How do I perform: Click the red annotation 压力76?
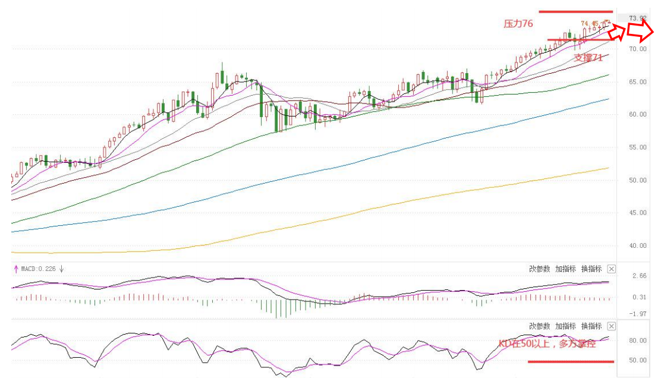[x=518, y=24]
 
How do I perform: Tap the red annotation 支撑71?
[x=588, y=58]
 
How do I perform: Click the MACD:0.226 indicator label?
[x=39, y=269]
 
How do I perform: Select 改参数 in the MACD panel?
[x=540, y=269]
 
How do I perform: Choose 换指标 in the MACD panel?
[x=591, y=269]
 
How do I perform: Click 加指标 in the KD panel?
[x=565, y=326]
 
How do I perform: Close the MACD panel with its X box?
[x=612, y=269]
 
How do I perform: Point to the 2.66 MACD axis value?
[x=640, y=276]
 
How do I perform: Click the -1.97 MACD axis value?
[x=638, y=314]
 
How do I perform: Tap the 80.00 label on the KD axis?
[x=638, y=341]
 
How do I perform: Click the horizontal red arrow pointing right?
[x=641, y=31]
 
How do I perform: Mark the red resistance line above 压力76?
[x=575, y=11]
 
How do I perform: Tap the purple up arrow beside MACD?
[x=16, y=269]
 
